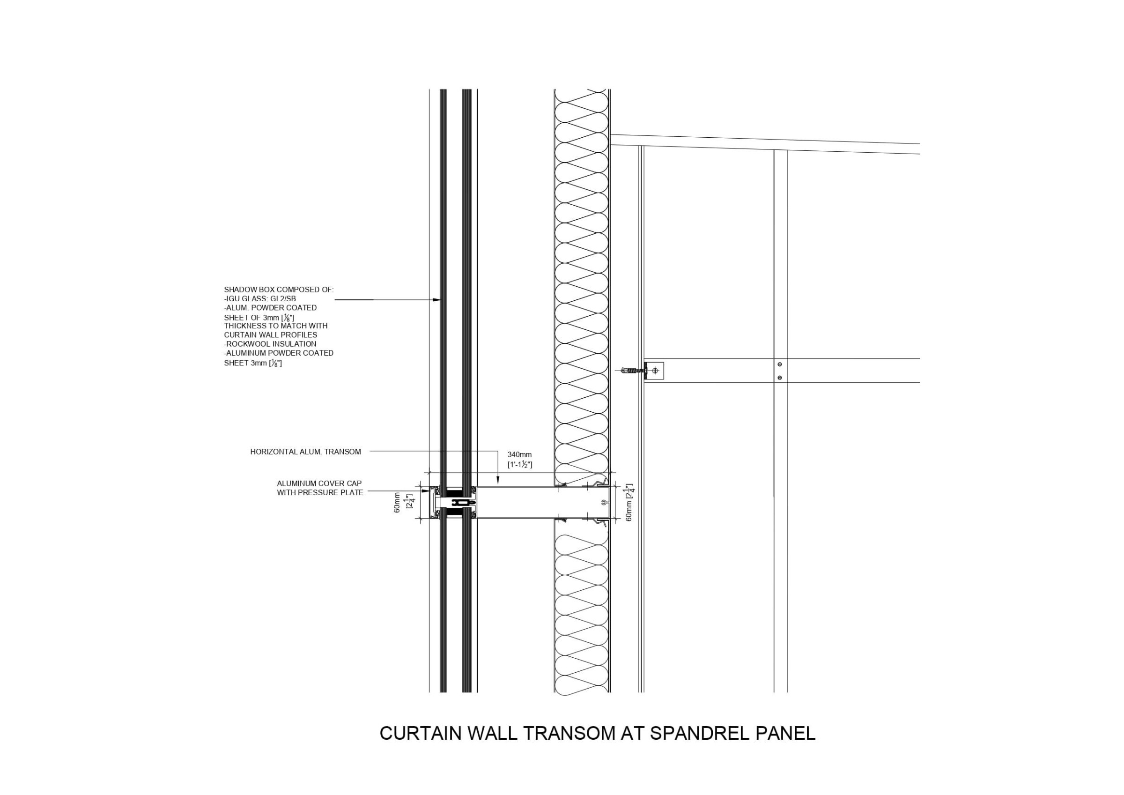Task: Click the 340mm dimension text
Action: click(519, 454)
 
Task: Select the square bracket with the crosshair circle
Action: click(655, 371)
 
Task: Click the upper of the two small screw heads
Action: click(779, 364)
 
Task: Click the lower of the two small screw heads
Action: click(779, 377)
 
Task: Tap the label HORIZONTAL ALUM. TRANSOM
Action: click(305, 452)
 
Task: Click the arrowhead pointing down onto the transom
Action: click(497, 483)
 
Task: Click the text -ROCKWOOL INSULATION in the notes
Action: click(270, 344)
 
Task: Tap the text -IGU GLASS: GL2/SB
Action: click(260, 298)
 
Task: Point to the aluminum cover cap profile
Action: click(432, 503)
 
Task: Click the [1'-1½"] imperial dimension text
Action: click(519, 464)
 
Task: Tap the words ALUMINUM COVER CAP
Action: click(319, 483)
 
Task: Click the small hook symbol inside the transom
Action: click(604, 503)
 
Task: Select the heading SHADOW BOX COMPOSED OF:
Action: click(279, 290)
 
